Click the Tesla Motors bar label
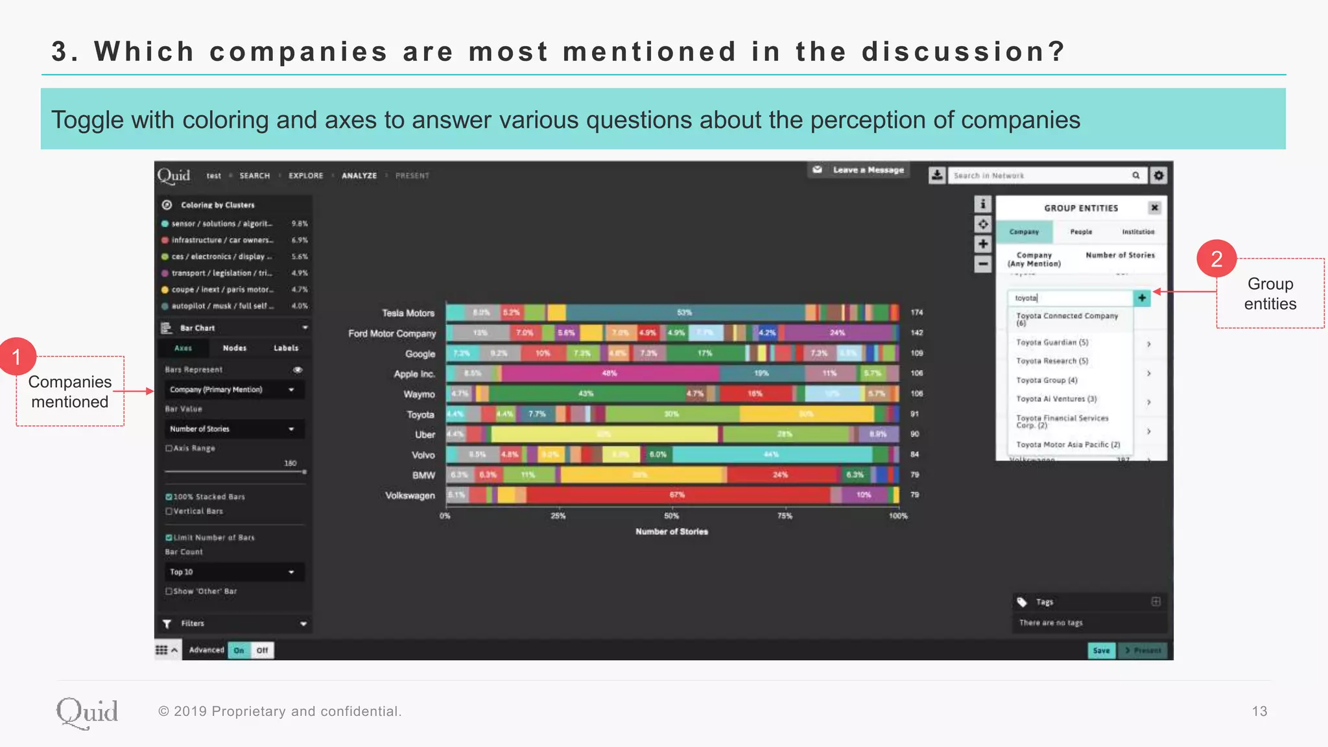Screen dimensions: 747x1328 408,313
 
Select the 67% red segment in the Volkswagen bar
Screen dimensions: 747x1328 677,495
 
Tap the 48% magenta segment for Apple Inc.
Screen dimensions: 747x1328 610,373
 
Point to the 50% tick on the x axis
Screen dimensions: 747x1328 672,516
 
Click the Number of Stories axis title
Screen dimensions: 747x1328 672,532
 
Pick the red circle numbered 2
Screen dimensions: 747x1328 1216,259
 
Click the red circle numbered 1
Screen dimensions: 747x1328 17,356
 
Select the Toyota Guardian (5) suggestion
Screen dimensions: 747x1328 1052,342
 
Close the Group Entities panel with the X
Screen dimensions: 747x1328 1154,207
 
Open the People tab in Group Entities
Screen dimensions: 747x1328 1081,231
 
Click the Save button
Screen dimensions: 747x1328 1101,650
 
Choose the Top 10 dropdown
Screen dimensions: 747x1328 231,572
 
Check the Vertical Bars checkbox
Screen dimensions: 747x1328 169,511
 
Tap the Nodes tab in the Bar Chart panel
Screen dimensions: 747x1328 235,348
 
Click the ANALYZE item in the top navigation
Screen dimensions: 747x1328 359,176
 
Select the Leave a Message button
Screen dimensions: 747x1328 859,170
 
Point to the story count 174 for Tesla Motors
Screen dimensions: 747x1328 917,313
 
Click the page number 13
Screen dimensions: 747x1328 1259,711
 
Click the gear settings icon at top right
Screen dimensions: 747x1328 1159,175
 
